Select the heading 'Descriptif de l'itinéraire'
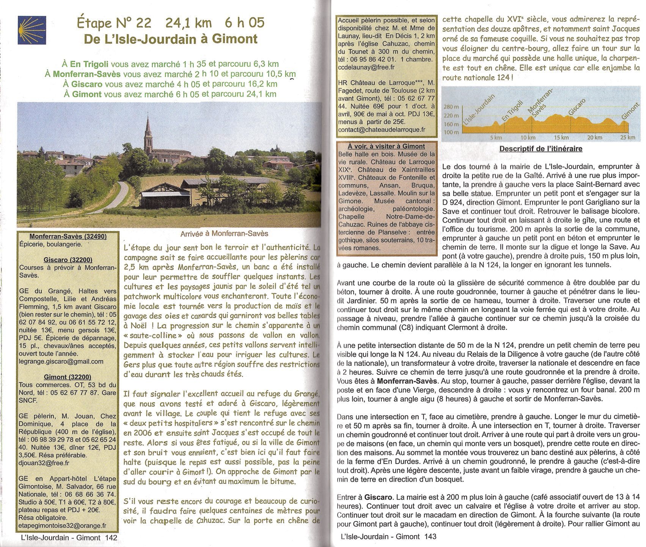(541, 149)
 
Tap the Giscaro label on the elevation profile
(577, 106)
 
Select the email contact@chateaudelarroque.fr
(382, 130)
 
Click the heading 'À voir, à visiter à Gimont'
(386, 146)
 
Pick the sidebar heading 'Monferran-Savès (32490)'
(63, 236)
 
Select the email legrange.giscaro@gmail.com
(61, 362)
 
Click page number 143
(430, 537)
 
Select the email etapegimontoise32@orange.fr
(63, 526)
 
